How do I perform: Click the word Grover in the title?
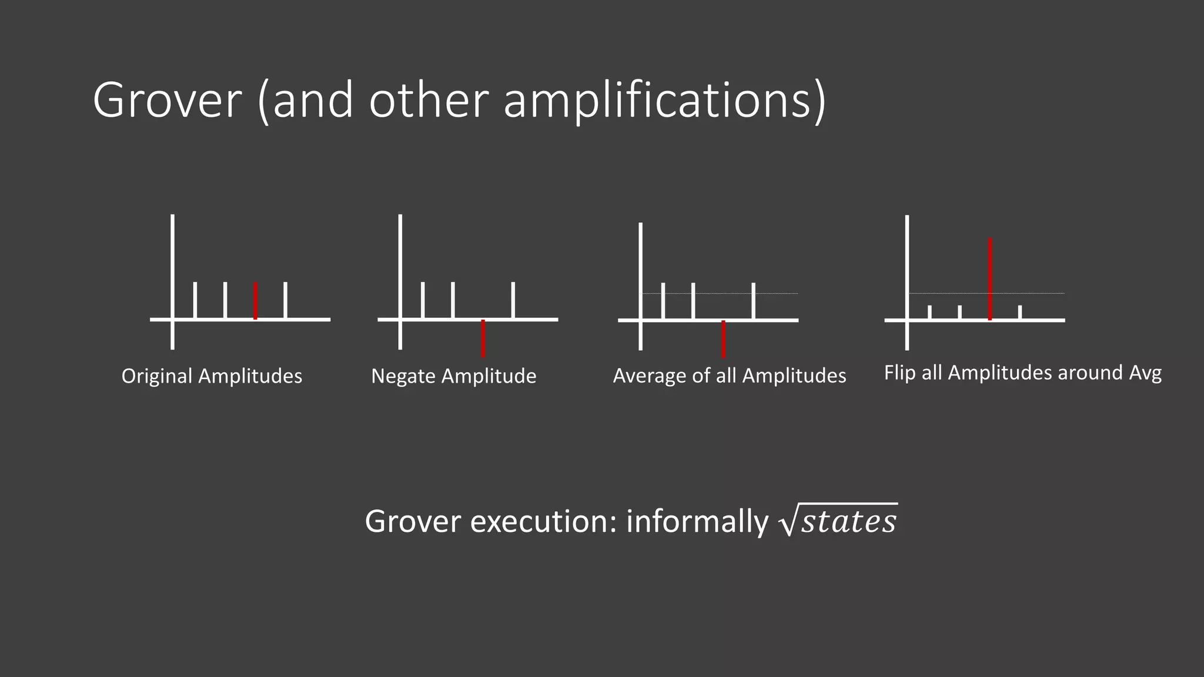[x=167, y=101]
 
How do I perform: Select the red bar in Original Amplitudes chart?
[x=255, y=300]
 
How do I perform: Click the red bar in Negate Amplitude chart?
[x=483, y=338]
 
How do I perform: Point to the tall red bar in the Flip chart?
[x=990, y=279]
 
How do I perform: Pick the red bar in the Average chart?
[x=723, y=338]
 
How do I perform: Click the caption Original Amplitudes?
[x=212, y=376]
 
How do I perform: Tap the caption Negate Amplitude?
[x=453, y=376]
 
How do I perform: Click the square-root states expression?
[x=838, y=521]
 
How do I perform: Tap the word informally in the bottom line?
[x=697, y=521]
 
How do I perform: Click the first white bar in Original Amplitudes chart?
[x=195, y=300]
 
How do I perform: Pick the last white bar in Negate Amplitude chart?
[x=513, y=300]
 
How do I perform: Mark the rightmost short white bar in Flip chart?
[x=1020, y=312]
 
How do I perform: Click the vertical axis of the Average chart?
[x=640, y=276]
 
